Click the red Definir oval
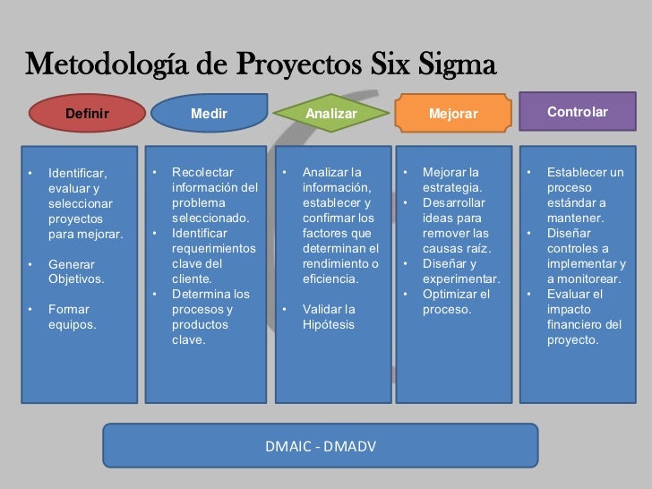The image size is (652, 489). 87,114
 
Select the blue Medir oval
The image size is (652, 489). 209,114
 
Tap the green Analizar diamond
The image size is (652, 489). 330,114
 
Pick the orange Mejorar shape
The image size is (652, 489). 453,114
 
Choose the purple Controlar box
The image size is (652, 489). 577,112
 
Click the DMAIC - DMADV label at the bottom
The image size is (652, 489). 320,445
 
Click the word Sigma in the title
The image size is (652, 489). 451,66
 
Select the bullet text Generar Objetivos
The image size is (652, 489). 75,271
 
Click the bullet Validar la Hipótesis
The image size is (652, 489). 329,317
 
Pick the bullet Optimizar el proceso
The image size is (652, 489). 456,302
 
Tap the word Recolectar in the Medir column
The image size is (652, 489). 202,172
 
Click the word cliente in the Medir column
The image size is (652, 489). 191,279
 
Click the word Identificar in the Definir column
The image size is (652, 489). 77,172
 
